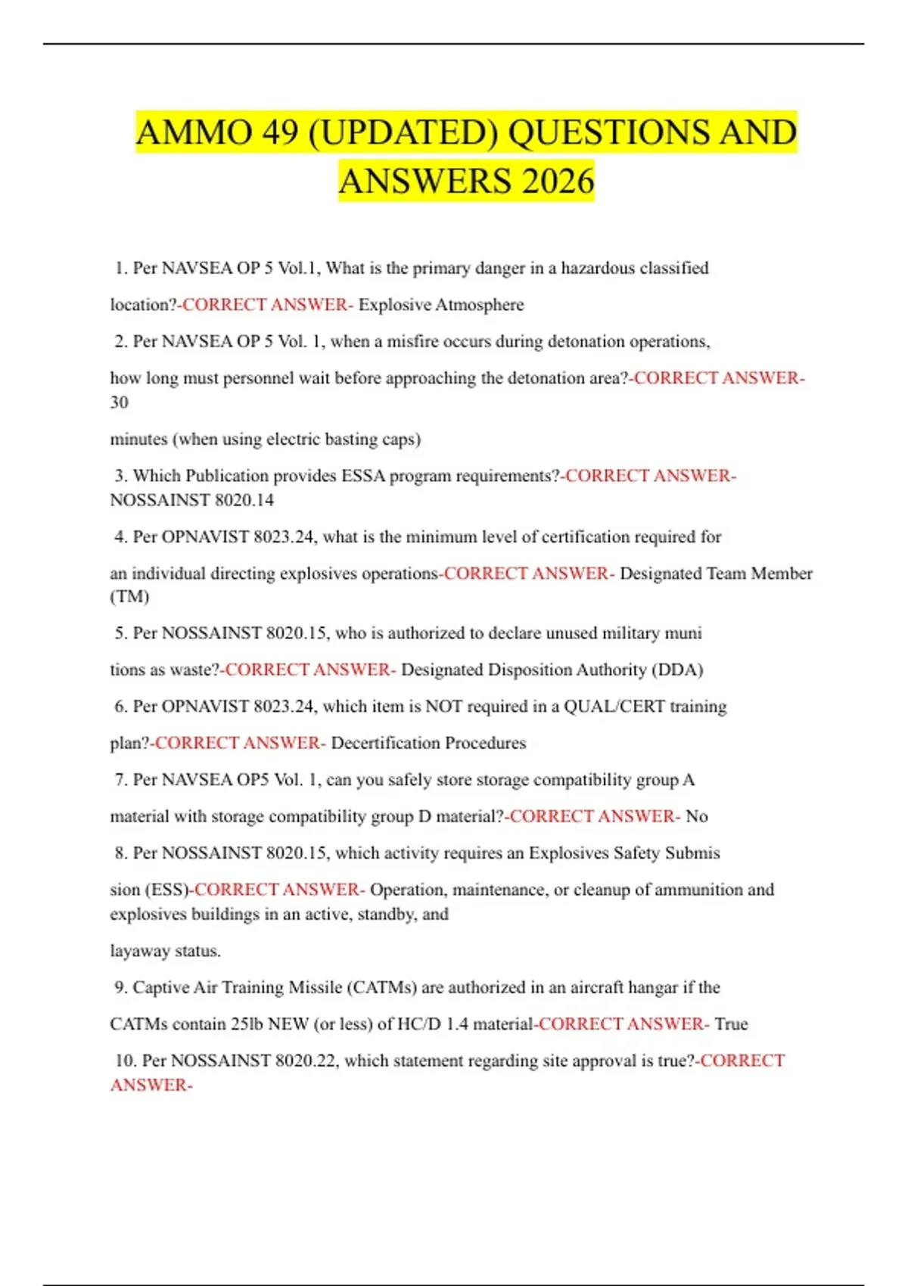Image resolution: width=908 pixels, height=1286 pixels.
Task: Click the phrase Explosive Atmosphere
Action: coord(441,305)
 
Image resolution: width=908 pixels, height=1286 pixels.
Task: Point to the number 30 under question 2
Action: coord(119,402)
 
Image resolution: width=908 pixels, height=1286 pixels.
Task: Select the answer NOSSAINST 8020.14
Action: coord(191,500)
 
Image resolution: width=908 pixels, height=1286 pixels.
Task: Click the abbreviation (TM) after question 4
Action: coord(129,597)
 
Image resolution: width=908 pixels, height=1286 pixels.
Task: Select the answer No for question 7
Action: coord(696,816)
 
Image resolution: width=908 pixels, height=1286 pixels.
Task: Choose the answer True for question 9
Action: coord(731,1024)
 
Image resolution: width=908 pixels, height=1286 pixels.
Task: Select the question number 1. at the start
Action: coord(121,269)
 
